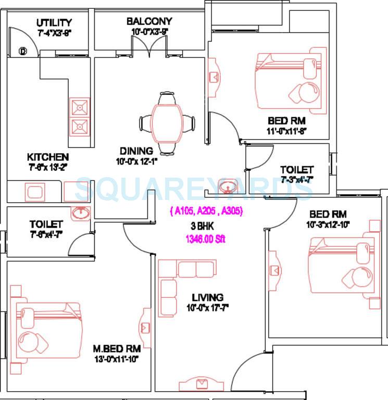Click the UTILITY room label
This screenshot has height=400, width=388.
click(x=54, y=23)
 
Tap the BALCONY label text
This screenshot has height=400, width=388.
click(x=149, y=21)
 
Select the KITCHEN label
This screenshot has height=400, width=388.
click(x=48, y=157)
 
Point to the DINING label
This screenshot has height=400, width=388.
click(x=136, y=152)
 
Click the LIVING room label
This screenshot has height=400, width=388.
click(x=207, y=297)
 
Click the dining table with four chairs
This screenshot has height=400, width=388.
click(x=167, y=123)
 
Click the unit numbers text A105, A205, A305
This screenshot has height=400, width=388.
click(x=206, y=211)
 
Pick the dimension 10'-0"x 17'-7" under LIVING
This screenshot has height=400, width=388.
click(x=208, y=307)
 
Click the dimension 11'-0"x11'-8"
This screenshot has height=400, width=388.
click(x=287, y=131)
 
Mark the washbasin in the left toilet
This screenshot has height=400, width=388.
click(x=81, y=213)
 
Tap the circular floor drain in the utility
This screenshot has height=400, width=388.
click(x=23, y=51)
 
